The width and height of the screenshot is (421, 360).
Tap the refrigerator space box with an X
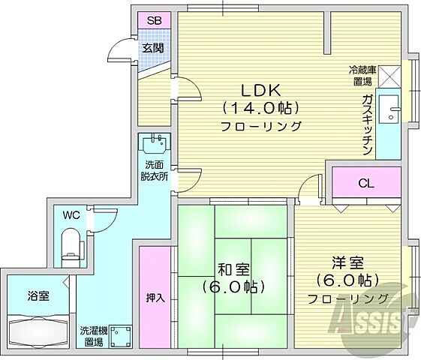coord(390,75)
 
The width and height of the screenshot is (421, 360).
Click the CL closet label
coord(367,183)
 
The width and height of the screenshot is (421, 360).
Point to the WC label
coord(71,215)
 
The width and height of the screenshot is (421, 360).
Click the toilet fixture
coord(70,243)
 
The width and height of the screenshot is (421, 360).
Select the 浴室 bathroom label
coord(40,295)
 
